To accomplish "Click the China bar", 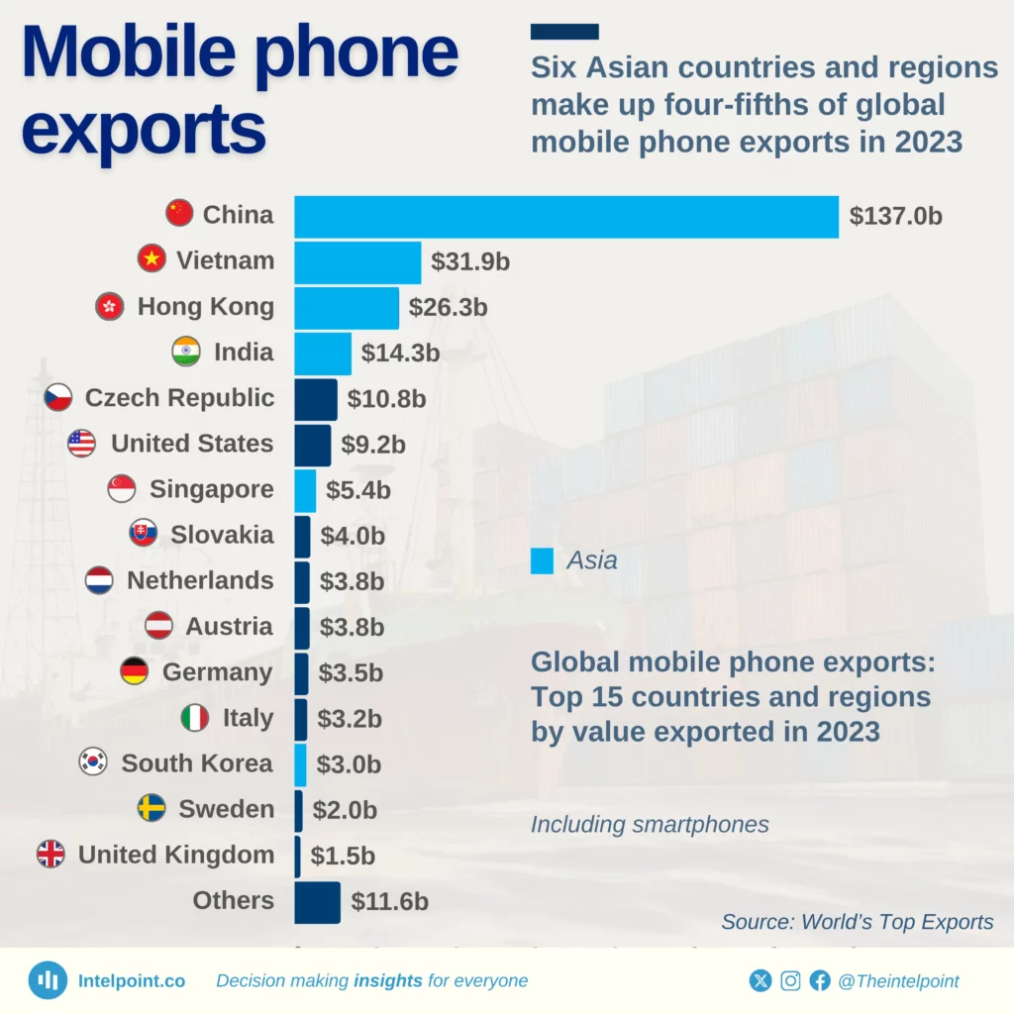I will tap(566, 216).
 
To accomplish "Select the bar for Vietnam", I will tap(357, 262).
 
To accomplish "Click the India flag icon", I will tap(185, 352).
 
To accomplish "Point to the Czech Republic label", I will tap(179, 398).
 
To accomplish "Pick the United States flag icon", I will tap(82, 444).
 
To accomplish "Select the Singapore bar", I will tap(305, 490).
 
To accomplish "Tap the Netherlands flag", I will tap(99, 580).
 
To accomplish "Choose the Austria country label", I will tap(229, 627).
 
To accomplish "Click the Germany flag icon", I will tap(135, 672).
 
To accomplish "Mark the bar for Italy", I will tap(301, 719).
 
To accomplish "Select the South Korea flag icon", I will tap(93, 763).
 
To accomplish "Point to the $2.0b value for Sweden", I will tap(345, 810).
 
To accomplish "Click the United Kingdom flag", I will tap(51, 855).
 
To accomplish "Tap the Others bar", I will tap(317, 902).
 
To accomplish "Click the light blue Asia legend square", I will tap(542, 560).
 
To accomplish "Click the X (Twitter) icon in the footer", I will tap(760, 981).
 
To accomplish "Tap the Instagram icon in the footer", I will tap(790, 981).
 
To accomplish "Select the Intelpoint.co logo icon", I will tap(47, 980).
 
